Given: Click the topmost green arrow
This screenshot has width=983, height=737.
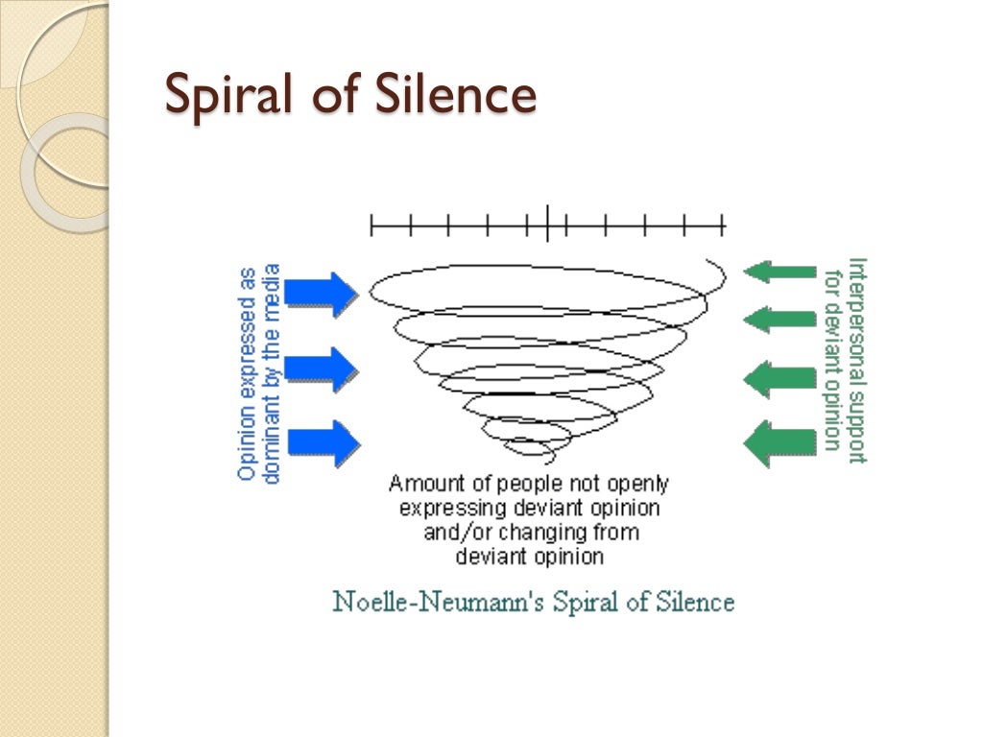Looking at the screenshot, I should [x=779, y=272].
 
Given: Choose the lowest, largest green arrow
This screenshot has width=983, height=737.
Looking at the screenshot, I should [x=779, y=442].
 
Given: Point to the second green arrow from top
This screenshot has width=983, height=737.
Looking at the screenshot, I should [x=779, y=318].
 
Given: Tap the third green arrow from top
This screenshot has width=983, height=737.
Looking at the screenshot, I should [x=779, y=377].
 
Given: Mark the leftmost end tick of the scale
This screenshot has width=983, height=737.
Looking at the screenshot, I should [x=372, y=226].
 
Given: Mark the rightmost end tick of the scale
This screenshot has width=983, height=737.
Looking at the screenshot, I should [x=723, y=226].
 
